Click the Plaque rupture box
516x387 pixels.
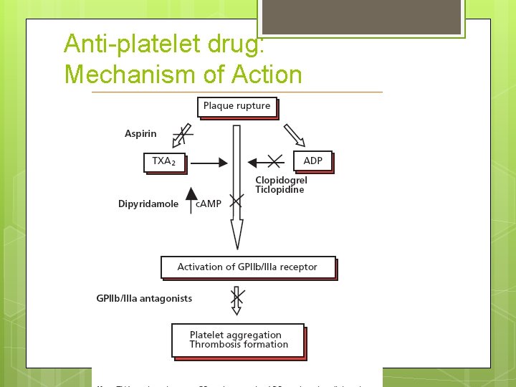coord(236,106)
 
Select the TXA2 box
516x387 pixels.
coord(164,161)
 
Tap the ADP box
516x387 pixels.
coord(312,161)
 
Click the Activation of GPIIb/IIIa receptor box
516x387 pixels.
coord(247,267)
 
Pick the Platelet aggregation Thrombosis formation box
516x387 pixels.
coord(238,340)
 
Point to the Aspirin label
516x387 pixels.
coord(140,134)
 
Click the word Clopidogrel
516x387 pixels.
coord(281,181)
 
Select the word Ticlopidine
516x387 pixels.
coord(279,190)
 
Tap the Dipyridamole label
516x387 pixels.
coord(148,204)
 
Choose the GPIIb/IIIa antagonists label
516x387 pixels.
coord(144,298)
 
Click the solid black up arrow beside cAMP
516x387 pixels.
coord(191,199)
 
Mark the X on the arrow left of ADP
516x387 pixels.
coord(274,161)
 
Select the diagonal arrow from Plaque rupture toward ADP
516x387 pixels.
coord(295,135)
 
